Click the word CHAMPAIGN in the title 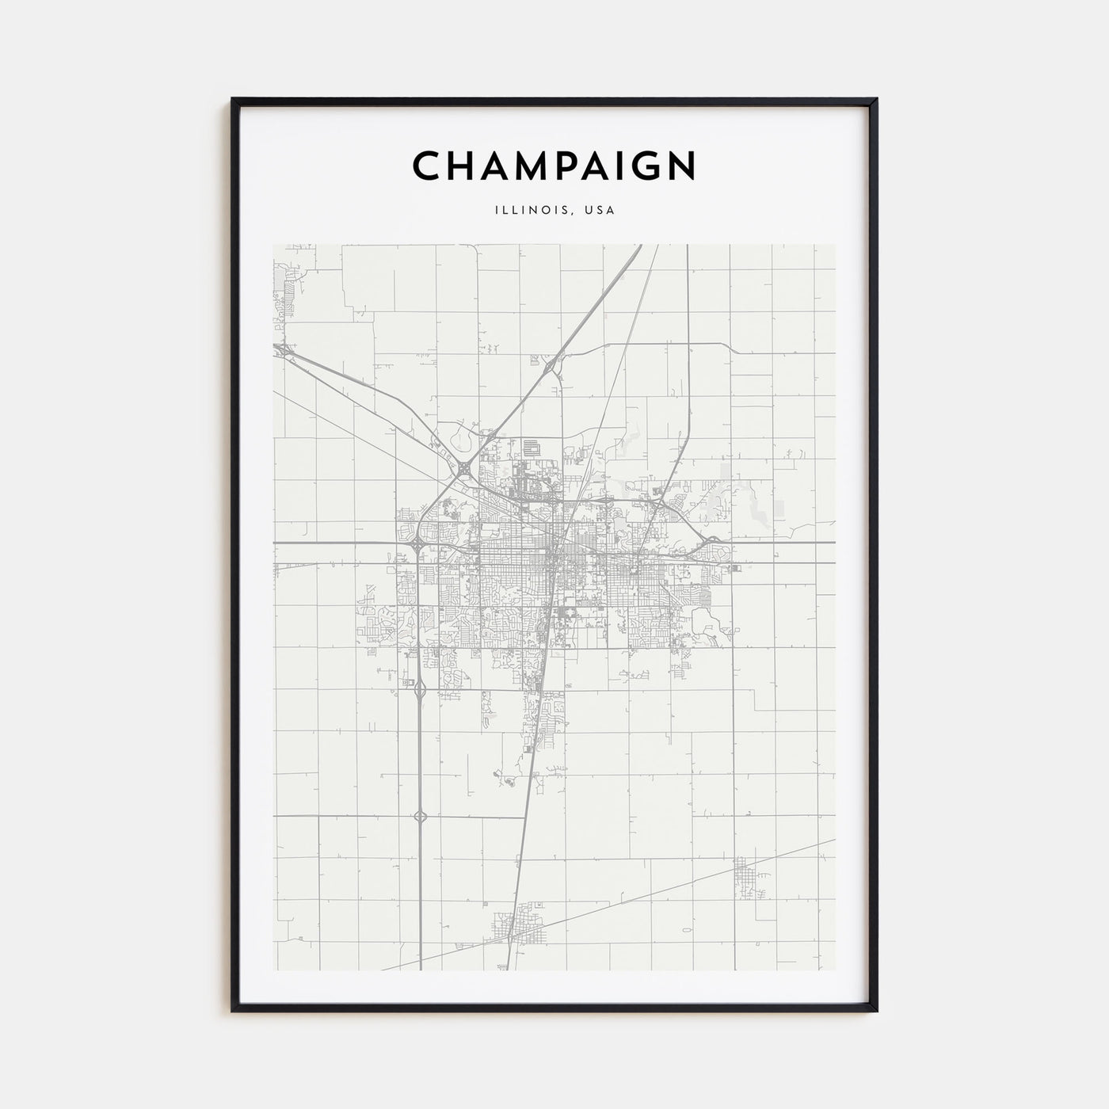click(x=554, y=166)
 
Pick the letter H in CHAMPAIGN click(x=461, y=166)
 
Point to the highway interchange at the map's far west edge click(x=281, y=349)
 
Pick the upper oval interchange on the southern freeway click(x=419, y=689)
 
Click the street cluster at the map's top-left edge click(x=287, y=285)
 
